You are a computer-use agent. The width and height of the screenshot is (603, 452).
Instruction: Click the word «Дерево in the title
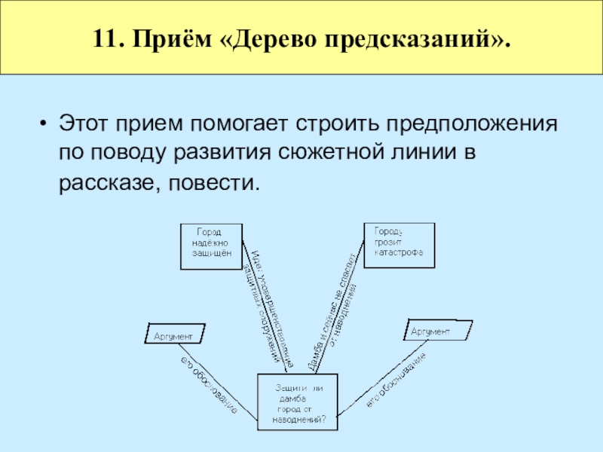[257, 37]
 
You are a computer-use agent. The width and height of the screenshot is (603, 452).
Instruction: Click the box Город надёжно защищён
[212, 246]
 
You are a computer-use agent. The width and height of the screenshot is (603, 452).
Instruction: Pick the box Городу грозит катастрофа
[399, 244]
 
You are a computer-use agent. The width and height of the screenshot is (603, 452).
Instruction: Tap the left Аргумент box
[175, 334]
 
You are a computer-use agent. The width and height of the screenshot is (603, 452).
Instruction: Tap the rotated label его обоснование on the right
[396, 381]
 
